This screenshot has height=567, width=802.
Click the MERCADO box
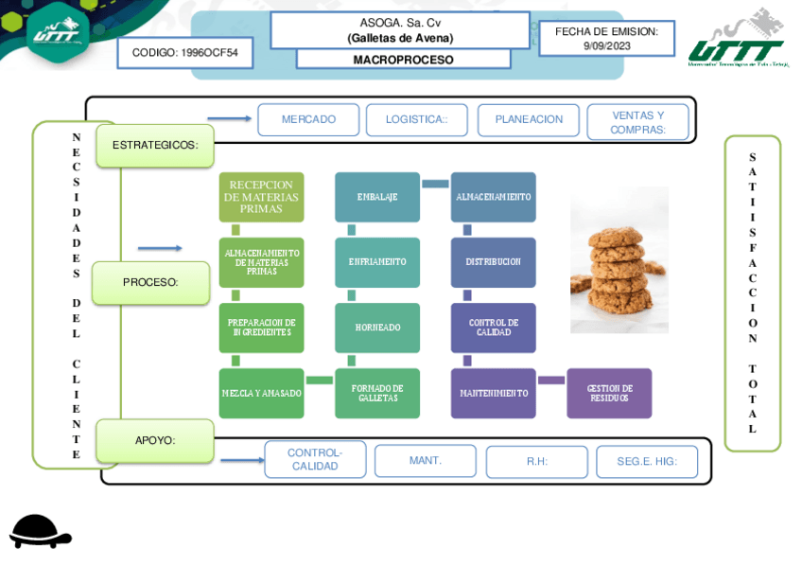coord(308,120)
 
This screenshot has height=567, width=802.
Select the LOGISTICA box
coord(416,120)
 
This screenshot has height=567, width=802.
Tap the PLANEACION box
coord(529,120)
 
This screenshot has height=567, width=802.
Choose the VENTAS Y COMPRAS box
coord(637,122)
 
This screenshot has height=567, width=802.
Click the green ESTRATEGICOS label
coord(155,146)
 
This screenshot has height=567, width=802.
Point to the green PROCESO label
coord(150,282)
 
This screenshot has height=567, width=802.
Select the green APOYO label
coord(155,440)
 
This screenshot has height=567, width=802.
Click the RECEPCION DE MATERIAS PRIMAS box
coord(261,197)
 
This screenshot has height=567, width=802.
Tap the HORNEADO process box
coord(377,328)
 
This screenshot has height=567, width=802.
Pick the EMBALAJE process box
coord(377,197)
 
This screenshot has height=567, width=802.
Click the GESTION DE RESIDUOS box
coord(609,393)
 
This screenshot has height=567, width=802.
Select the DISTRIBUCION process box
coord(493,262)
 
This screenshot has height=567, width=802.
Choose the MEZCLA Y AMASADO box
coord(261,393)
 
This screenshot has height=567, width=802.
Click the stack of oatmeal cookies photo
coord(619,259)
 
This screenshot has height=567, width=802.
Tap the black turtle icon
coord(40,532)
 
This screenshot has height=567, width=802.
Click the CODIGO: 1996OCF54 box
coord(185,53)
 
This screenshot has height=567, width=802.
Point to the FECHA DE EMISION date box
coord(606,39)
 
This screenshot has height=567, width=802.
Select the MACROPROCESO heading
coord(403,60)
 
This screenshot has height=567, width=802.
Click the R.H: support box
coord(537,462)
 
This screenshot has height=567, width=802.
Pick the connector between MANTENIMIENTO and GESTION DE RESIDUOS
coord(551,381)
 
